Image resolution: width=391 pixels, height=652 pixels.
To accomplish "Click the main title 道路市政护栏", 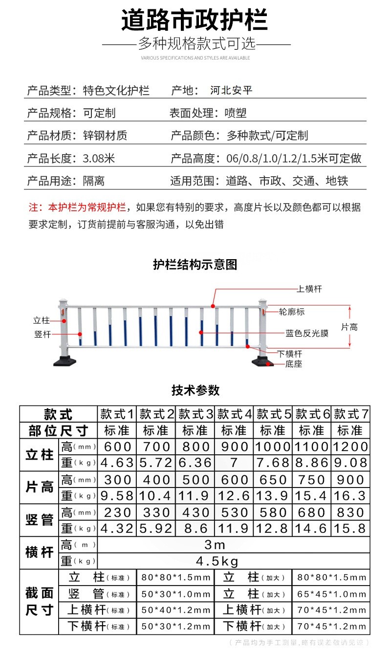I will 195,22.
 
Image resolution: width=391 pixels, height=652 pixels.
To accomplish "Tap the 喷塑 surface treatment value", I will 236,113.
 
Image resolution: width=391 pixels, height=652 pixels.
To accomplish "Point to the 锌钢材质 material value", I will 105,136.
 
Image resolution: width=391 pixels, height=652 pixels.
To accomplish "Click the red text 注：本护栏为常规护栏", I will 77,207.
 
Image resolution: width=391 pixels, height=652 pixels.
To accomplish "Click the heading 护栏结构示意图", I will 195,265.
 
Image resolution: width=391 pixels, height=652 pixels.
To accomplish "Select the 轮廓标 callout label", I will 292,311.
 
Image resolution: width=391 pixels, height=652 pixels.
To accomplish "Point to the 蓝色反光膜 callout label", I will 307,334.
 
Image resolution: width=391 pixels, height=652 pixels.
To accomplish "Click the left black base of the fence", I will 65,362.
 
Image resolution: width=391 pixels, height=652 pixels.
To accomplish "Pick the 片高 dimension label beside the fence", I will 349,327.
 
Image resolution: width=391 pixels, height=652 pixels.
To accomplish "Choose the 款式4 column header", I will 234,415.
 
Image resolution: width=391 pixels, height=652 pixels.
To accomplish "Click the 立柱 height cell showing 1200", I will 350,447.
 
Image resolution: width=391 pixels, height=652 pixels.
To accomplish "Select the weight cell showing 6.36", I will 195,463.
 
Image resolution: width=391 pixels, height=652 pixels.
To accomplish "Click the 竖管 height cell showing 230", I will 117,512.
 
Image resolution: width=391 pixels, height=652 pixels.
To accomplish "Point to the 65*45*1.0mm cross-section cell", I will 331,594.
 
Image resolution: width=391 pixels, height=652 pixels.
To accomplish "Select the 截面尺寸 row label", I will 39,602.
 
